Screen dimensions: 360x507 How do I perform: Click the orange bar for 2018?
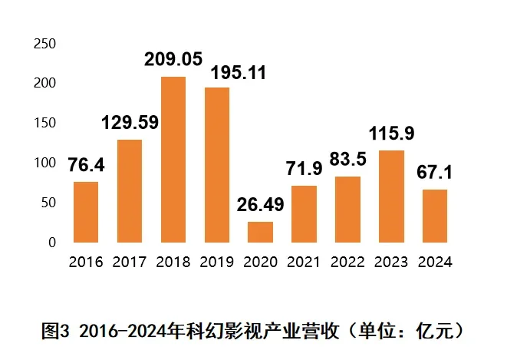pyautogui.click(x=173, y=160)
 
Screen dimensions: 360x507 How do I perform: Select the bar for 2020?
pyautogui.click(x=260, y=232)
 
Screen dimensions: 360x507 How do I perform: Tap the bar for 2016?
pyautogui.click(x=85, y=212)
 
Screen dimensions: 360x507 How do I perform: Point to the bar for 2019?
pyautogui.click(x=216, y=165)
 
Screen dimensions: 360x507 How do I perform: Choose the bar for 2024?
pyautogui.click(x=435, y=216)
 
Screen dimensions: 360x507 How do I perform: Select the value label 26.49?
pyautogui.click(x=261, y=206)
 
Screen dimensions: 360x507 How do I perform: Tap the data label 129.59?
pyautogui.click(x=130, y=123)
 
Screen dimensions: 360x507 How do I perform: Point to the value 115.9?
pyautogui.click(x=391, y=134)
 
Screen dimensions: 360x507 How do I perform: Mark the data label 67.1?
pyautogui.click(x=435, y=173)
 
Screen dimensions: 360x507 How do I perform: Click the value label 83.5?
pyautogui.click(x=347, y=160)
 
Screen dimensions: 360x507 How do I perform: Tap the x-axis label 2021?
pyautogui.click(x=304, y=263)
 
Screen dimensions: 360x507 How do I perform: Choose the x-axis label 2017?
pyautogui.click(x=130, y=263)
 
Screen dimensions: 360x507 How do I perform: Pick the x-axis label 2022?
pyautogui.click(x=347, y=263)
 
